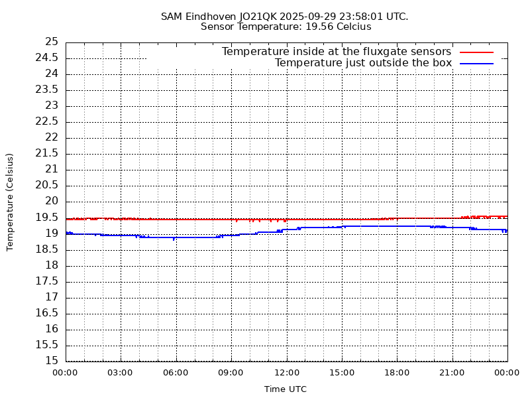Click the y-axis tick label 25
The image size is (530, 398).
pos(51,42)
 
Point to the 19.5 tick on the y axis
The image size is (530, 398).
pos(48,218)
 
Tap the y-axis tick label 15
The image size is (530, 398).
pos(51,361)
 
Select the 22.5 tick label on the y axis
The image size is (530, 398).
pos(48,121)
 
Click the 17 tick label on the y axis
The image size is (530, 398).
pos(51,297)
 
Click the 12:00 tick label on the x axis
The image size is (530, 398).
pos(286,373)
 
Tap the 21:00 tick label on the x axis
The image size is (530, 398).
pos(452,373)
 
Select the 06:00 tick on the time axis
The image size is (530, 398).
pos(176,373)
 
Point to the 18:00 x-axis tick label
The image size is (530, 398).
pos(397,373)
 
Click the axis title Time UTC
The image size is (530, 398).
pos(286,389)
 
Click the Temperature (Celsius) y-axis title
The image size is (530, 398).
pos(10,202)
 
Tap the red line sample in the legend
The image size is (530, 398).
pos(477,52)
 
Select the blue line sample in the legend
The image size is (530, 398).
pos(477,63)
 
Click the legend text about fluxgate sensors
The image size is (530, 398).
pos(337,52)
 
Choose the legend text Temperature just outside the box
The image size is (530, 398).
pos(363,63)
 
